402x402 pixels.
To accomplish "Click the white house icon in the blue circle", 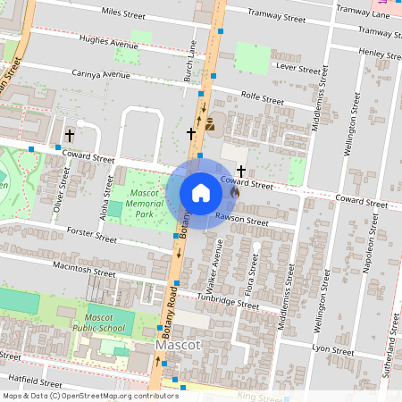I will [201, 193].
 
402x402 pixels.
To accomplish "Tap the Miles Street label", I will [123, 14].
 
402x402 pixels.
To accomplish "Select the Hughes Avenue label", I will [109, 44].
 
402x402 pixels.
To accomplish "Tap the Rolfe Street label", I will [262, 98].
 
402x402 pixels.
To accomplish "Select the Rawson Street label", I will [242, 220].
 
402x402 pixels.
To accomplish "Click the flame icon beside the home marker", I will [235, 190].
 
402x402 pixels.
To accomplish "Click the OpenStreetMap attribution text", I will [78, 396].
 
